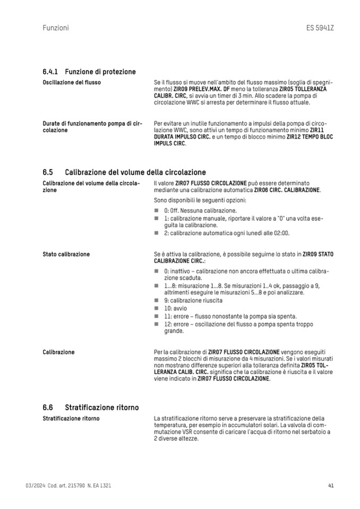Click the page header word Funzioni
pyautogui.click(x=55, y=28)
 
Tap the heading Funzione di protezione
pyautogui.click(x=100, y=72)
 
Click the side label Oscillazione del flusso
pyautogui.click(x=72, y=83)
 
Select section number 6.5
pyautogui.click(x=48, y=172)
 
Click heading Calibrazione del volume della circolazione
pyautogui.click(x=135, y=172)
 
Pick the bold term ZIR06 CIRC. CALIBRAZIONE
pyautogui.click(x=287, y=189)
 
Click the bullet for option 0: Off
pyautogui.click(x=157, y=211)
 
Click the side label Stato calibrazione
pyautogui.click(x=66, y=254)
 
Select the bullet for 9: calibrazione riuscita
pyautogui.click(x=157, y=300)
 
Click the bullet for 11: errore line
pyautogui.click(x=157, y=316)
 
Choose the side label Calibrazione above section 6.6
pyautogui.click(x=58, y=352)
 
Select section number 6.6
pyautogui.click(x=48, y=408)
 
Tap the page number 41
pyautogui.click(x=331, y=486)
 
